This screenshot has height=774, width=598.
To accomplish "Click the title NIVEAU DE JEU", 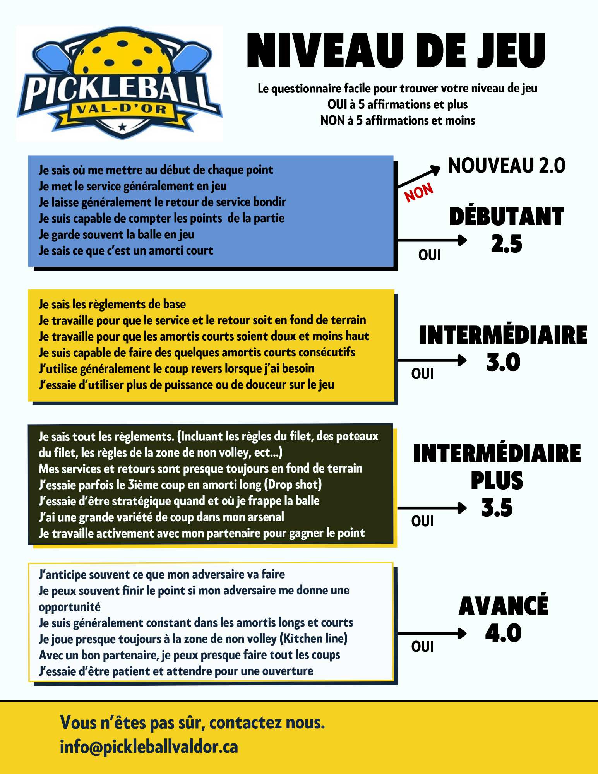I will point(396,51).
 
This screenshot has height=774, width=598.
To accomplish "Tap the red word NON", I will point(418,192).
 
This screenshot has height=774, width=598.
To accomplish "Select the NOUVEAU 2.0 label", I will point(506,166).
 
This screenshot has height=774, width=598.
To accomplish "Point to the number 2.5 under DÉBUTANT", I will point(506,244).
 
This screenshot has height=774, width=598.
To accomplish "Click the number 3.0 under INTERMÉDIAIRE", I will point(503,362).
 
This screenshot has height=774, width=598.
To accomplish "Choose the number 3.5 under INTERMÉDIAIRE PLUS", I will point(497,508).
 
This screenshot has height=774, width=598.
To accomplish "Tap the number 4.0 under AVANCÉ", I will point(503,633).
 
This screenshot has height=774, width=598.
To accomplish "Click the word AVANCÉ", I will point(503,606).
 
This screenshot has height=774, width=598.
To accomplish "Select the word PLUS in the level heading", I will point(497,481).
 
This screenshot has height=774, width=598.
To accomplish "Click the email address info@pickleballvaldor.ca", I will point(149,747).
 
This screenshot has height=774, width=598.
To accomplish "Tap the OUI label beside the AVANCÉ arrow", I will point(422,647).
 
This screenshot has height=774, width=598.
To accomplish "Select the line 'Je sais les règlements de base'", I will point(112,304).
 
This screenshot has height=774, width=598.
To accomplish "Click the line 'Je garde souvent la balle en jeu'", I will point(117,235).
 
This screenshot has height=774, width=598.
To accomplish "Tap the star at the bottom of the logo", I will point(122,127).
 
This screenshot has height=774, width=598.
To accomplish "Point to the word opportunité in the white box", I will point(70,607).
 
